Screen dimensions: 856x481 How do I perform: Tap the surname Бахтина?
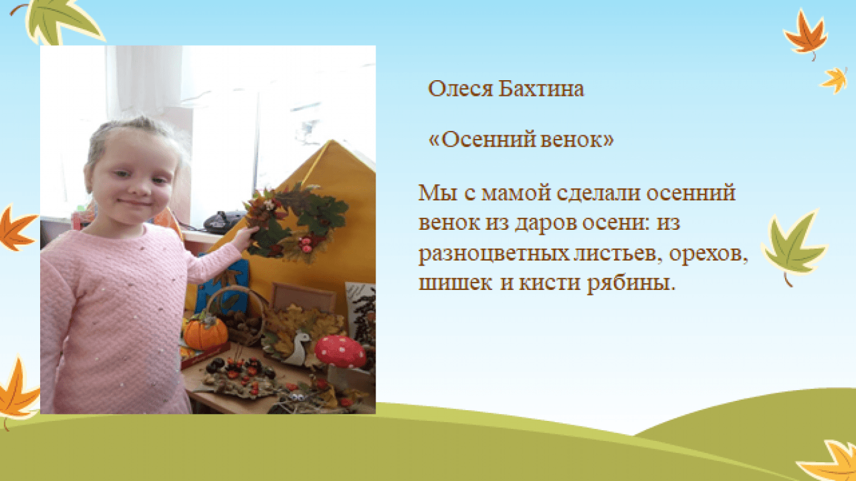coord(541,89)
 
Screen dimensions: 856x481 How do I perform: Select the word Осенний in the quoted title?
coord(483,140)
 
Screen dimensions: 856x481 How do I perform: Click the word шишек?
coord(455,284)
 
